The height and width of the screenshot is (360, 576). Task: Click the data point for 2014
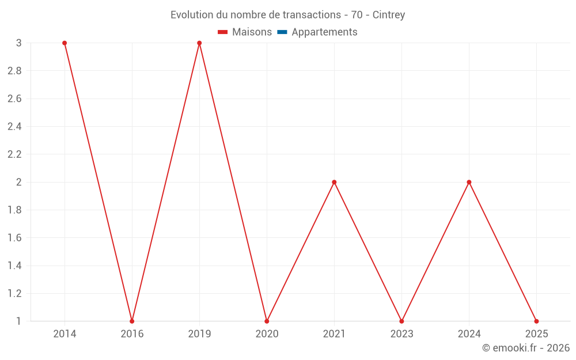click(65, 43)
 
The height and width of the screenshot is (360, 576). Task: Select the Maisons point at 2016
click(132, 321)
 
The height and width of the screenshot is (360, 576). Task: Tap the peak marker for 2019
click(199, 43)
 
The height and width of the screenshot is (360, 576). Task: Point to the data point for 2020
click(267, 321)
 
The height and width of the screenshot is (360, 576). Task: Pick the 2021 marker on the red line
click(334, 182)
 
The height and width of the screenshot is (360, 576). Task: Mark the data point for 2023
click(401, 321)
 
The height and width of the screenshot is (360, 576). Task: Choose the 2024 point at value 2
click(469, 182)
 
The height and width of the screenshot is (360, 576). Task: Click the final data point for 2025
click(536, 321)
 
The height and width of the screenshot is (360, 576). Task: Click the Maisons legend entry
click(252, 32)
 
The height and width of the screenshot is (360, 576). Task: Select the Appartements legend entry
click(324, 32)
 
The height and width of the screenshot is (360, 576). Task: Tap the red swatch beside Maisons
click(223, 32)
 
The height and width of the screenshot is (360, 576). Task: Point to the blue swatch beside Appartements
click(282, 32)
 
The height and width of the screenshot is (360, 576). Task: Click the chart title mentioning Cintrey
click(287, 14)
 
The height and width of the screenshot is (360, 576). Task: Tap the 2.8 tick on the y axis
click(14, 71)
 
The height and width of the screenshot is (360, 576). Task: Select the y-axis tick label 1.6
click(14, 238)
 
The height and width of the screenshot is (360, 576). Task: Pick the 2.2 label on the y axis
click(14, 154)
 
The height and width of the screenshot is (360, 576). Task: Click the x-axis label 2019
click(199, 334)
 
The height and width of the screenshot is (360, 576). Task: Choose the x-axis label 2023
click(401, 334)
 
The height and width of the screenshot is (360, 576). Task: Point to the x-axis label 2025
click(536, 334)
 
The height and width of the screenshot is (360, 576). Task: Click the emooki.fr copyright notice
click(525, 348)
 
